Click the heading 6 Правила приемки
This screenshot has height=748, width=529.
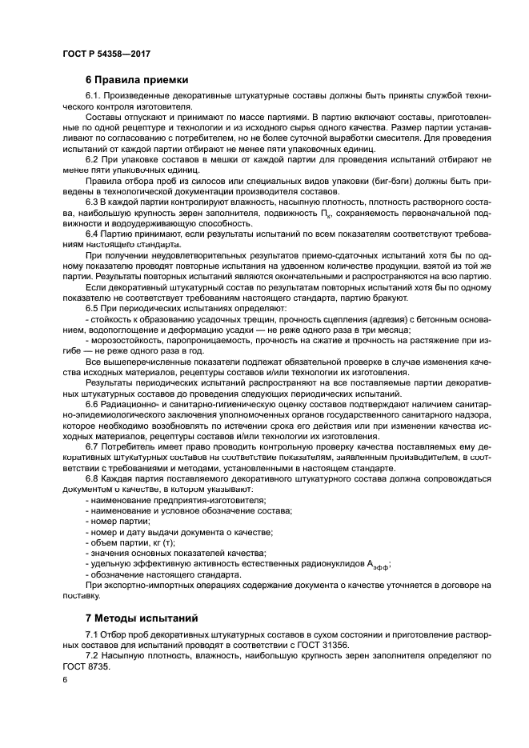coord(137,80)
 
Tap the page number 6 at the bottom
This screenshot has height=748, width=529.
coord(65,679)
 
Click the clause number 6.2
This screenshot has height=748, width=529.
coord(92,160)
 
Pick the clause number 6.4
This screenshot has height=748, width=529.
coord(92,233)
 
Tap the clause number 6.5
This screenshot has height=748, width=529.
coord(92,308)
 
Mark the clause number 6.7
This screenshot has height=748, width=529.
coord(92,446)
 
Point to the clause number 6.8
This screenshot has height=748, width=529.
coord(92,478)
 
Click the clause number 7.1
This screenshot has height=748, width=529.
coord(91,634)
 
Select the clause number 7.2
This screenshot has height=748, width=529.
coord(91,655)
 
